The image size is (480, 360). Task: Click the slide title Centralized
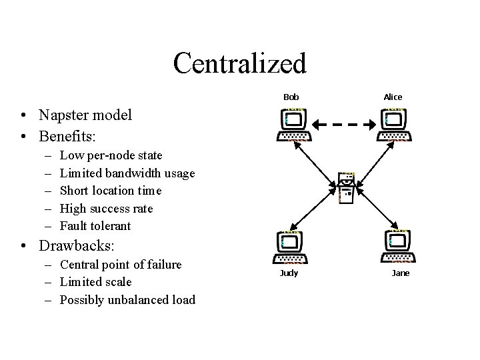pyautogui.click(x=239, y=63)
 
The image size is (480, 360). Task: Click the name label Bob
pyautogui.click(x=291, y=97)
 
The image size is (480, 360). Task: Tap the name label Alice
pyautogui.click(x=393, y=97)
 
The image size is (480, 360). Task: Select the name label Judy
pyautogui.click(x=289, y=273)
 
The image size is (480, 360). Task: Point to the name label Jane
pyautogui.click(x=401, y=273)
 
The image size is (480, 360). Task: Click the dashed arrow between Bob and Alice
pyautogui.click(x=344, y=124)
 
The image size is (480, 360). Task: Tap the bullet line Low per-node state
pyautogui.click(x=111, y=156)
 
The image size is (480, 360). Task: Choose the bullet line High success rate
pyautogui.click(x=106, y=209)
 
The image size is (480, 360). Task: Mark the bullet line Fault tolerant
pyautogui.click(x=95, y=226)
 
